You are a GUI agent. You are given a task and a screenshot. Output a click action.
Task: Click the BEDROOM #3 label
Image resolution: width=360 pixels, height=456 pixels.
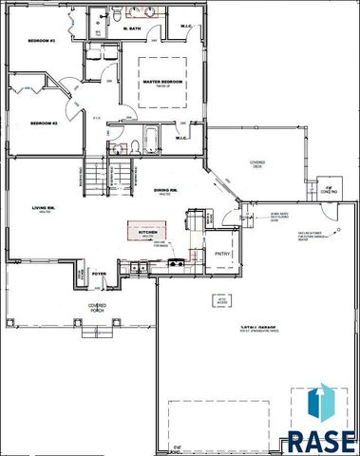(41, 41)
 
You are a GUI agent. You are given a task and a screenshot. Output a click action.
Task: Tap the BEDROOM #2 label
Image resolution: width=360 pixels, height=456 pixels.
(44, 123)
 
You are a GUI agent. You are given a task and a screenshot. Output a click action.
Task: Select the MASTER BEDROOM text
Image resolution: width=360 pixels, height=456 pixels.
(162, 83)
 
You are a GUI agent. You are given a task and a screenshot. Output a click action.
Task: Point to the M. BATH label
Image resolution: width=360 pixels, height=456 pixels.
(133, 29)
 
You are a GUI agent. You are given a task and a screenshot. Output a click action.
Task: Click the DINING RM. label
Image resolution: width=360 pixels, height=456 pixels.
(167, 190)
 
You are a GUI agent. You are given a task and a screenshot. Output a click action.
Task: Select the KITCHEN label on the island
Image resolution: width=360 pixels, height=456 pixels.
(148, 232)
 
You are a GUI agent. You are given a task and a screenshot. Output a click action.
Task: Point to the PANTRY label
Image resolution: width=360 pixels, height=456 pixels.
(223, 254)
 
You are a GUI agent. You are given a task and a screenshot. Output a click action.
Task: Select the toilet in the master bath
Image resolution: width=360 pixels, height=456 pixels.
(114, 18)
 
